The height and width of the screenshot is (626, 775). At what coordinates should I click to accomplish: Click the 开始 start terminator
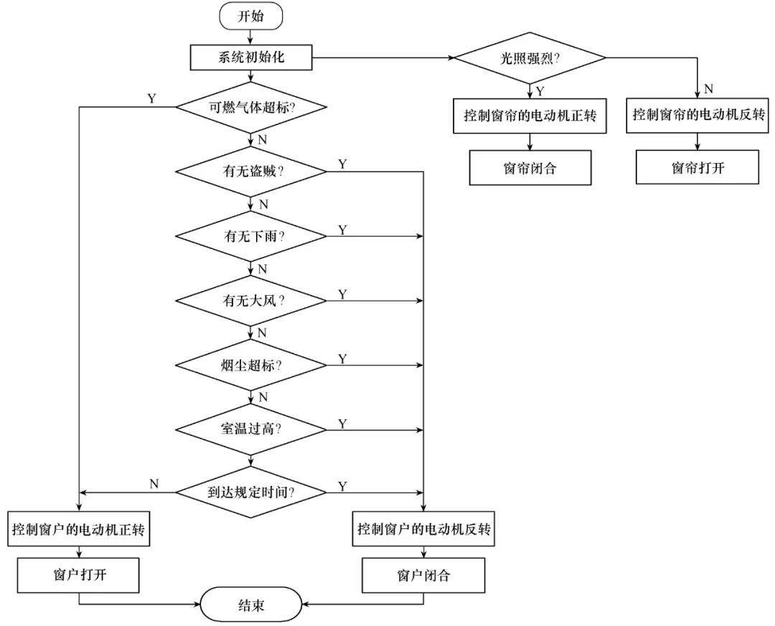(251, 17)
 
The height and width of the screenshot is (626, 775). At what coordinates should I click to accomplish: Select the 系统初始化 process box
(251, 57)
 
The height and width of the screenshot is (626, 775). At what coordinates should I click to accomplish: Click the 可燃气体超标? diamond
(251, 108)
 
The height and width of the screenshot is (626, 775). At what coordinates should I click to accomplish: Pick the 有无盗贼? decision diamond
(251, 172)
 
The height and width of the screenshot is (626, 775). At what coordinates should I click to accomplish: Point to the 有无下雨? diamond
(251, 236)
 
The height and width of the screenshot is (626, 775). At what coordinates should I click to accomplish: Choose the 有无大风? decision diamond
(251, 300)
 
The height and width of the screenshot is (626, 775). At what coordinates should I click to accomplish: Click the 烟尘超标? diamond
(251, 365)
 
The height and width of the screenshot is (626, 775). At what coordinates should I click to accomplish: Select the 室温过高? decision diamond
(251, 429)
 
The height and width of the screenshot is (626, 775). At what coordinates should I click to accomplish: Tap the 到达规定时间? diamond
(251, 492)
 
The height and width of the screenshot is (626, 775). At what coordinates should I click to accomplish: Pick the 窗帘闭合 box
(530, 168)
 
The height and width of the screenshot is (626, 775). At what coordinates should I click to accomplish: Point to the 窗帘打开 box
(696, 167)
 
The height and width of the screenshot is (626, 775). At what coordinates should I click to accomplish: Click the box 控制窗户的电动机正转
(79, 531)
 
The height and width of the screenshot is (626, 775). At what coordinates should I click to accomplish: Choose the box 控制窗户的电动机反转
(424, 531)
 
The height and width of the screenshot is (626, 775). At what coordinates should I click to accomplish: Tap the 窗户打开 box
(79, 575)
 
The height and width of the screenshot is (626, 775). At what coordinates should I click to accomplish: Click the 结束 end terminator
(251, 604)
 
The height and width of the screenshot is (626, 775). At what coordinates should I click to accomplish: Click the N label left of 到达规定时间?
(154, 484)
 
